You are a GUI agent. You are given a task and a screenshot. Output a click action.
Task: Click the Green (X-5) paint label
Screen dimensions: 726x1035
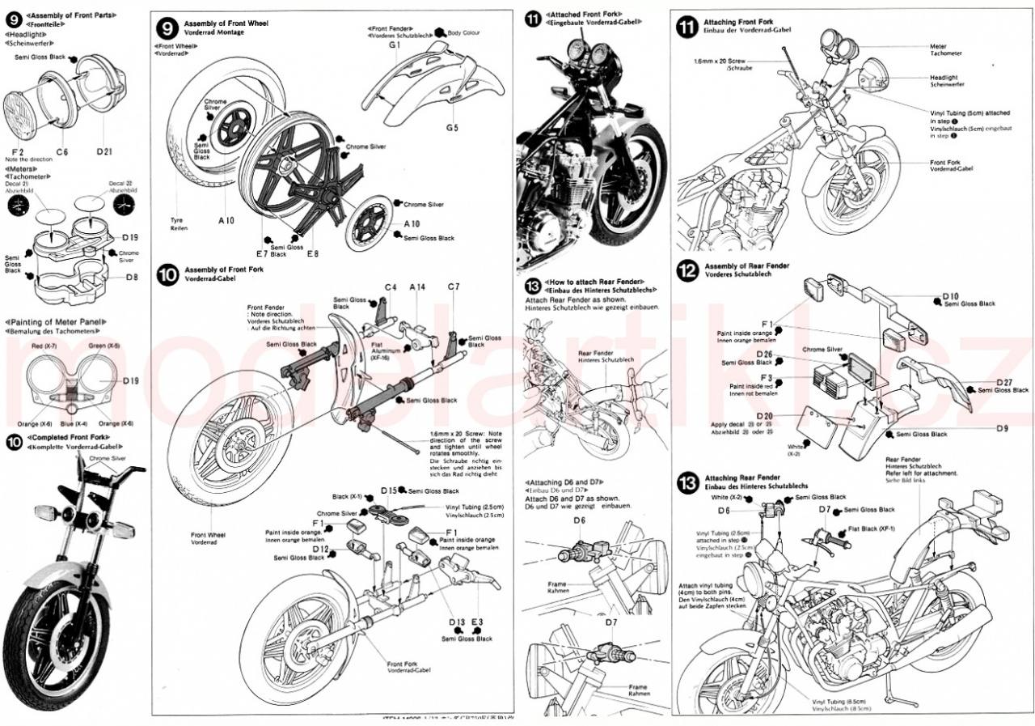pos(103,346)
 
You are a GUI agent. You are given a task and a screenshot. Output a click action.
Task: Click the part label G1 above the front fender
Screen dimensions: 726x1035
pos(395,46)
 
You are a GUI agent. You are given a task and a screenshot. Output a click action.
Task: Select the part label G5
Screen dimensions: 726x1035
pos(450,127)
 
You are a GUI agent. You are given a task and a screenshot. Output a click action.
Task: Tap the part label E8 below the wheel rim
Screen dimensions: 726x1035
pos(312,253)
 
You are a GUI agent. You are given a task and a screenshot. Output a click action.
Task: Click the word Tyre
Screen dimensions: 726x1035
pos(177,219)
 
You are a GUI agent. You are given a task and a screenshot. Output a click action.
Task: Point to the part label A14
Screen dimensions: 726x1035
pos(417,287)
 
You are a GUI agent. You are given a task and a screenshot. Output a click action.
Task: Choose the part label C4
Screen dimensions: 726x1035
pos(391,287)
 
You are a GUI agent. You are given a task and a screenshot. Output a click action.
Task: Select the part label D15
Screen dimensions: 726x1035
pos(388,490)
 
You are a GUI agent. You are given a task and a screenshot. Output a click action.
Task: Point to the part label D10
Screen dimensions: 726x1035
pos(950,296)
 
